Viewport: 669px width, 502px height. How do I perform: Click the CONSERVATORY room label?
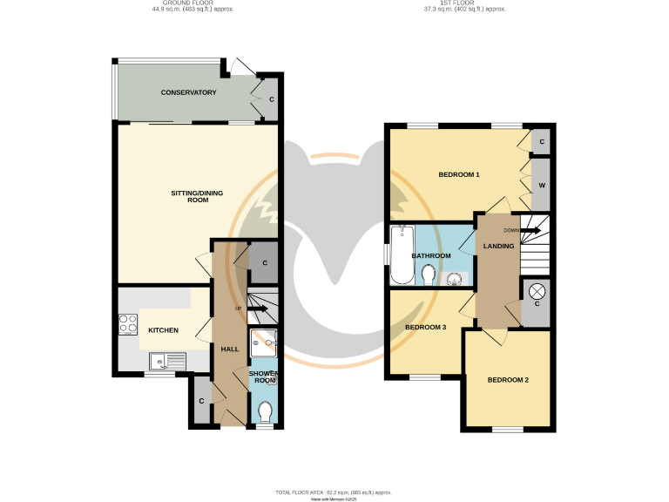[x=188, y=92]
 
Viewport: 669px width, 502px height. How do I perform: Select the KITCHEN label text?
[x=163, y=330]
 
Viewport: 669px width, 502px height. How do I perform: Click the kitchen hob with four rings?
[x=127, y=324]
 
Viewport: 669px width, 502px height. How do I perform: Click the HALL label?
[x=230, y=349]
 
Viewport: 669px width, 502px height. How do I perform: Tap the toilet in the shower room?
[x=266, y=410]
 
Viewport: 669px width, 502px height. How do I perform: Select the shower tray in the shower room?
[x=262, y=343]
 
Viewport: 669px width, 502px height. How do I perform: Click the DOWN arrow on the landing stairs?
[x=529, y=230]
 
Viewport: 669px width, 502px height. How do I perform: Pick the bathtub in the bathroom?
[x=402, y=254]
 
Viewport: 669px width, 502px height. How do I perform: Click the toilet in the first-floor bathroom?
[x=428, y=275]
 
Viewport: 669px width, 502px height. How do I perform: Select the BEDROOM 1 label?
[x=459, y=175]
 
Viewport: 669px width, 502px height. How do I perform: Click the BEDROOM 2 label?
[x=508, y=380]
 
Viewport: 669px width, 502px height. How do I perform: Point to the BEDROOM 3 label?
[x=426, y=327]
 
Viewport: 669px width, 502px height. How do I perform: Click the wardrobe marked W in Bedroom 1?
[x=542, y=186]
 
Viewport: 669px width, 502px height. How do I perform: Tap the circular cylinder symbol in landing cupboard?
[x=537, y=291]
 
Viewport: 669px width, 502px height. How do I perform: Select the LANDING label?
[x=499, y=247]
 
